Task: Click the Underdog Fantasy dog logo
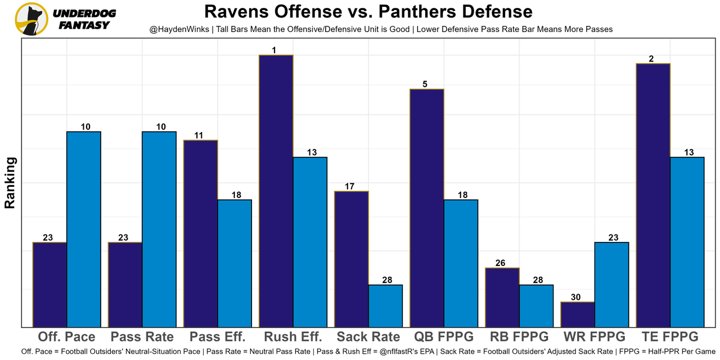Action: pyautogui.click(x=30, y=19)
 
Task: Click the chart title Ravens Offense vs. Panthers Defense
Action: pyautogui.click(x=368, y=11)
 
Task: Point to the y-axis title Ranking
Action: pyautogui.click(x=10, y=183)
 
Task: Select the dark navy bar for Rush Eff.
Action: pyautogui.click(x=276, y=191)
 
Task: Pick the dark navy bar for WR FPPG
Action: pyautogui.click(x=578, y=314)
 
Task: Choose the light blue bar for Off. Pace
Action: pyautogui.click(x=84, y=229)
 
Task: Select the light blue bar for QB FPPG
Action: pyautogui.click(x=461, y=263)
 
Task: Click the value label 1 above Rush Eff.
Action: pyautogui.click(x=274, y=51)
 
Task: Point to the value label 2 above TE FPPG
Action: pyautogui.click(x=651, y=59)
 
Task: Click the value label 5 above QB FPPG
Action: pyautogui.click(x=425, y=84)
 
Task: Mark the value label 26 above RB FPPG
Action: pyautogui.click(x=500, y=263)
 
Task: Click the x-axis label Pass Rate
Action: pyautogui.click(x=142, y=337)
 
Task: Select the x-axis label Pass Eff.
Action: pyautogui.click(x=218, y=337)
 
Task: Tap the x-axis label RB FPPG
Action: pyautogui.click(x=519, y=337)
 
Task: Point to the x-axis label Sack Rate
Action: pyautogui.click(x=368, y=337)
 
